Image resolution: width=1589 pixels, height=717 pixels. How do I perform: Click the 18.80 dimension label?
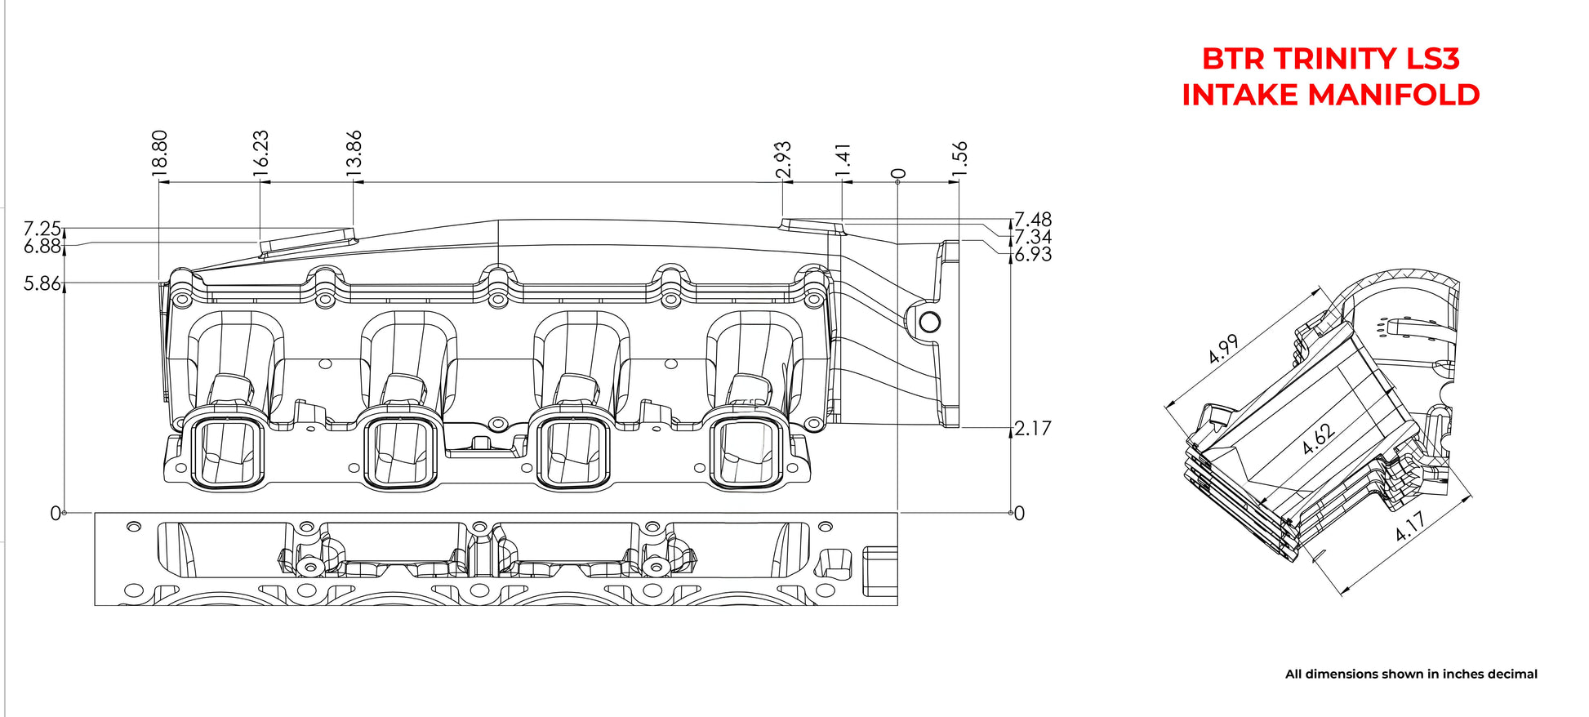pyautogui.click(x=159, y=150)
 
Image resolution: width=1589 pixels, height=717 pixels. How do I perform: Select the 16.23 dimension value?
pyautogui.click(x=260, y=150)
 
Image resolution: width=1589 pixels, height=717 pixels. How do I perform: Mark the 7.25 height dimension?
pyautogui.click(x=42, y=229)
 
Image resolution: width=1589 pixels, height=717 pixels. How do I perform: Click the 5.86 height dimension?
pyautogui.click(x=42, y=283)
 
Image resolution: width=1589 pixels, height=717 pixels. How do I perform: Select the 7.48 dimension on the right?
pyautogui.click(x=1033, y=220)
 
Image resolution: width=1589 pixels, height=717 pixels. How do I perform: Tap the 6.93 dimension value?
pyautogui.click(x=1033, y=255)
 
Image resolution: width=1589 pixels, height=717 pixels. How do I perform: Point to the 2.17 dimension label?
pyautogui.click(x=1033, y=428)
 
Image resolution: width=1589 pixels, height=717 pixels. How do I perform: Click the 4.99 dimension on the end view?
pyautogui.click(x=1223, y=350)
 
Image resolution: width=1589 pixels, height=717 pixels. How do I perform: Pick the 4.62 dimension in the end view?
pyautogui.click(x=1319, y=439)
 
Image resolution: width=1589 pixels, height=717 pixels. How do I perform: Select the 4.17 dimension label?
pyautogui.click(x=1410, y=526)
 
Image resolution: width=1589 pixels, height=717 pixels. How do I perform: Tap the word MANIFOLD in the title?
pyautogui.click(x=1393, y=95)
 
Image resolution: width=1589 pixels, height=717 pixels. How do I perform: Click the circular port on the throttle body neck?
pyautogui.click(x=930, y=322)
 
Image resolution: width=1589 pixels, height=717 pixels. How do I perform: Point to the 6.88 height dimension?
pyautogui.click(x=42, y=246)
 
